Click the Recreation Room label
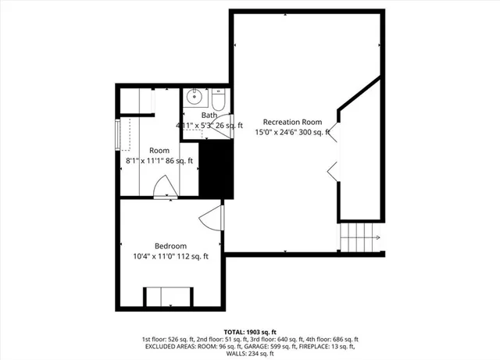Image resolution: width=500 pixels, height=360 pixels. click(292, 122)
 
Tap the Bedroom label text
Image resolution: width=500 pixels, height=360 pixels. click(171, 246)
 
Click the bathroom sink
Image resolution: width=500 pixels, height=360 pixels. click(195, 98)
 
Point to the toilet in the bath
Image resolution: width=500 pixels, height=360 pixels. click(218, 100)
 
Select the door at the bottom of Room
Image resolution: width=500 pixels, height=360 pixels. click(163, 188)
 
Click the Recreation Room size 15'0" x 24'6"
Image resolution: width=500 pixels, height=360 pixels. click(292, 133)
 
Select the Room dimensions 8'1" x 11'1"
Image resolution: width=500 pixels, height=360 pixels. click(159, 161)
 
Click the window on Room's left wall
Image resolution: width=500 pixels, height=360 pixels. click(119, 134)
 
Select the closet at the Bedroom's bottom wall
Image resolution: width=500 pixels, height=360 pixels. click(166, 297)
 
